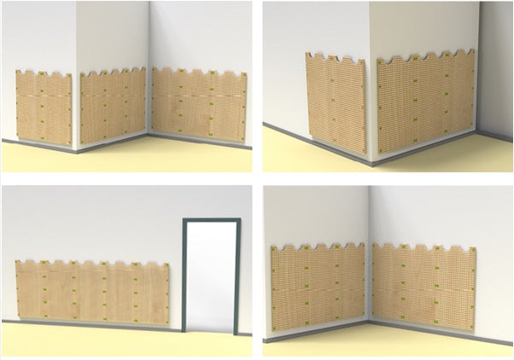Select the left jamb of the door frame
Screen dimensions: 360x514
pyautogui.click(x=185, y=277)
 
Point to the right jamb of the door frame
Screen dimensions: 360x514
pyautogui.click(x=237, y=277)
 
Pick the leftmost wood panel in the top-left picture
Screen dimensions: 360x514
pyautogui.click(x=43, y=107)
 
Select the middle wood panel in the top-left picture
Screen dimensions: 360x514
pyautogui.click(x=114, y=107)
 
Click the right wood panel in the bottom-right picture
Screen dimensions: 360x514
pyautogui.click(x=423, y=286)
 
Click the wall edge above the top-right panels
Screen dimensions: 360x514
pyautogui.click(x=370, y=34)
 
